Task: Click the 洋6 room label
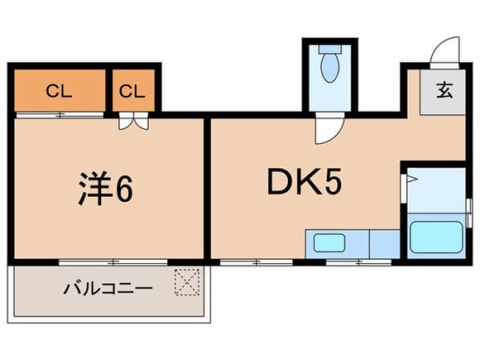coord(106,188)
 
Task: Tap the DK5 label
coord(304,182)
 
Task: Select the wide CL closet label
coord(58,91)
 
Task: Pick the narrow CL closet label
coord(132,91)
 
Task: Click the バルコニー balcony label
coord(108,288)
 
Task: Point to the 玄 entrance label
coord(445,90)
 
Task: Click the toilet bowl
coord(330,67)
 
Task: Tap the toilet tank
coord(330,50)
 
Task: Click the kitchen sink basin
coord(329,242)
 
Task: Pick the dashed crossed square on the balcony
coord(187,282)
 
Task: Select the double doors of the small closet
coord(134,121)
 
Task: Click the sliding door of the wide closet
coord(60,115)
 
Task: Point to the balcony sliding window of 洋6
coord(113,262)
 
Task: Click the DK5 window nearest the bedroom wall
coord(257,262)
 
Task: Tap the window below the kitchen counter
coord(358,262)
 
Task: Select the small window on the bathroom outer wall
coord(469,213)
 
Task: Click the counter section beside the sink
coord(385,244)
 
